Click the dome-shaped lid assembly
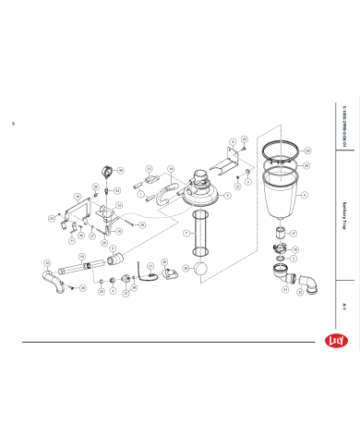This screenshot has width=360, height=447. pyautogui.click(x=202, y=189)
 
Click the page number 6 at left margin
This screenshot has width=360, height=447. pyautogui.click(x=13, y=123)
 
